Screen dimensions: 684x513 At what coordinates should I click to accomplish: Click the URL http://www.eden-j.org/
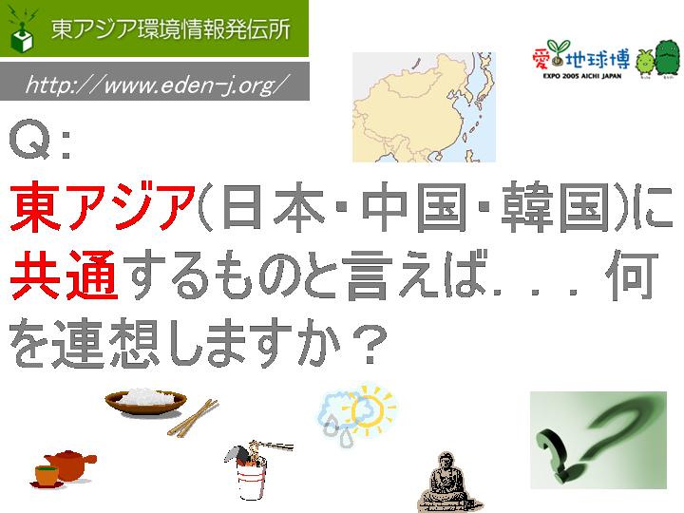click(158, 85)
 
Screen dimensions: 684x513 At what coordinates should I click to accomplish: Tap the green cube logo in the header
click(22, 38)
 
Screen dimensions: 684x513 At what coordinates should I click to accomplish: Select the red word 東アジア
click(103, 207)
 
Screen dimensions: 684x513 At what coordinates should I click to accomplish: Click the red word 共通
click(64, 275)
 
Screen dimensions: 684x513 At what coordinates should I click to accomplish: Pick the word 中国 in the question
click(415, 207)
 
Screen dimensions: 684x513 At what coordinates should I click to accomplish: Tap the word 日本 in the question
click(274, 207)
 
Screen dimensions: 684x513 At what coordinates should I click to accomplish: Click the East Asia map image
click(424, 106)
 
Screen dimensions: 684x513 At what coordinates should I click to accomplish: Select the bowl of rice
click(145, 402)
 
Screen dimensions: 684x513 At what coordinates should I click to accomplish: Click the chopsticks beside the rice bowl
click(193, 418)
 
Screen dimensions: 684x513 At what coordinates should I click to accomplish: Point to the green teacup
click(47, 476)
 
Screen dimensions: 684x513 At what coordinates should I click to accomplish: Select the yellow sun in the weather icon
click(370, 409)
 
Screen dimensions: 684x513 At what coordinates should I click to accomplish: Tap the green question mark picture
click(598, 440)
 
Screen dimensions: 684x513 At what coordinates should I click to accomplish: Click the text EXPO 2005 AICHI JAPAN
click(582, 76)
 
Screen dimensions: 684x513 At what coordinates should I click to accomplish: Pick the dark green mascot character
click(667, 58)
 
